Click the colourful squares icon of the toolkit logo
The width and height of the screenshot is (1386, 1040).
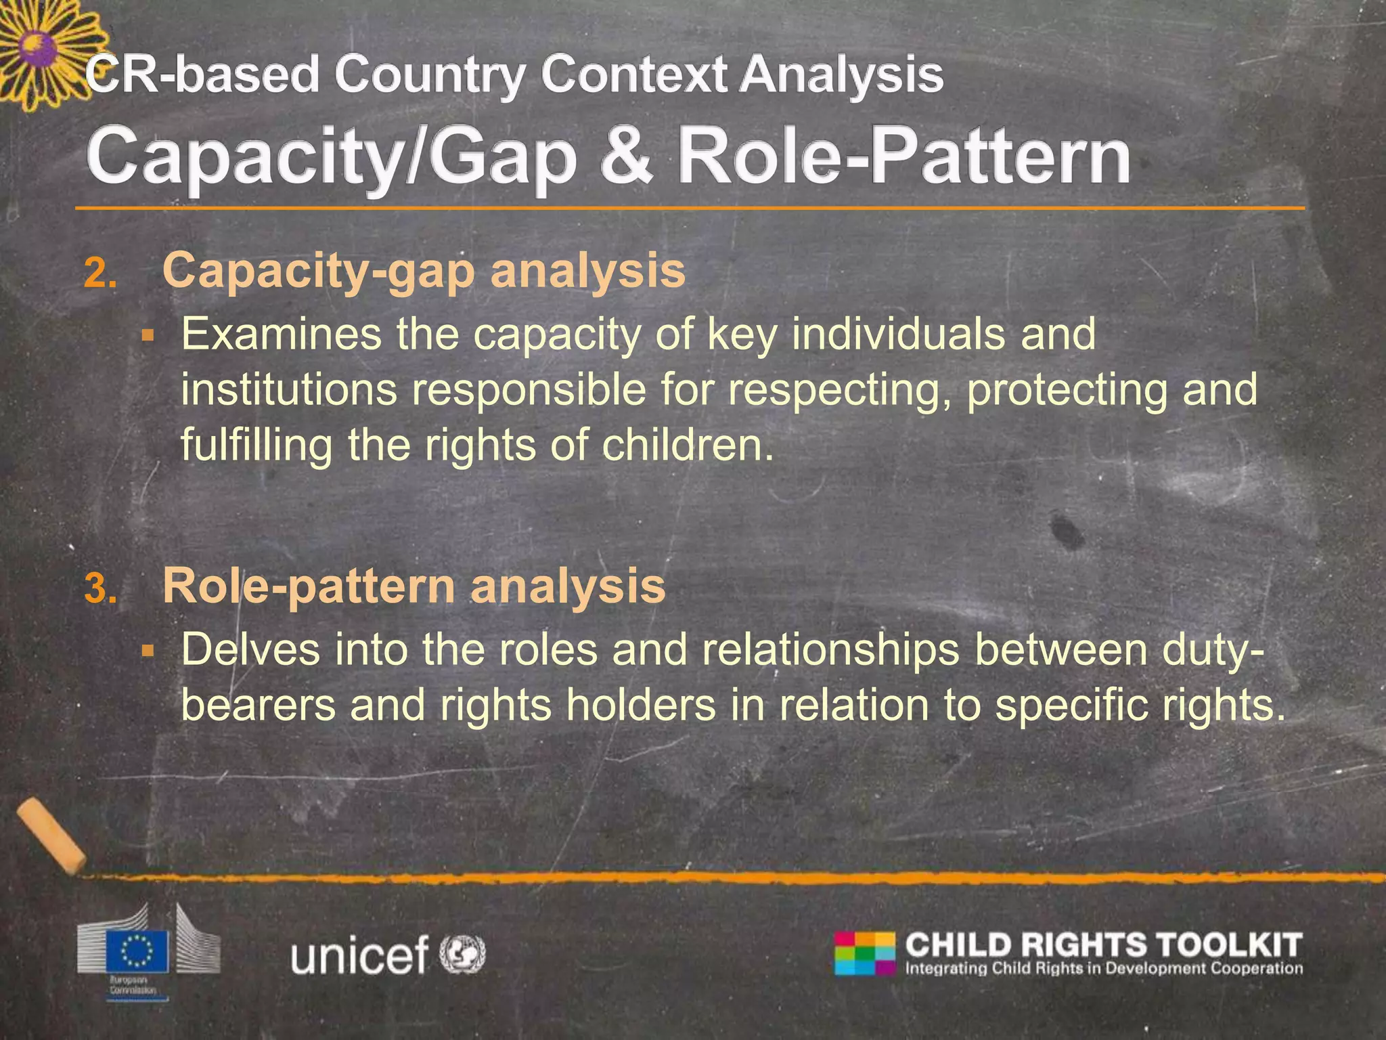coord(865,953)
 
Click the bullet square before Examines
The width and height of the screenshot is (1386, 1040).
coord(148,335)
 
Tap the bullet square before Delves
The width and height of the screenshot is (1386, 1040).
coord(148,651)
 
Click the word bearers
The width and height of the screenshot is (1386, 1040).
coord(257,706)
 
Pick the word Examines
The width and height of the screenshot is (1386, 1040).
coord(281,334)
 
